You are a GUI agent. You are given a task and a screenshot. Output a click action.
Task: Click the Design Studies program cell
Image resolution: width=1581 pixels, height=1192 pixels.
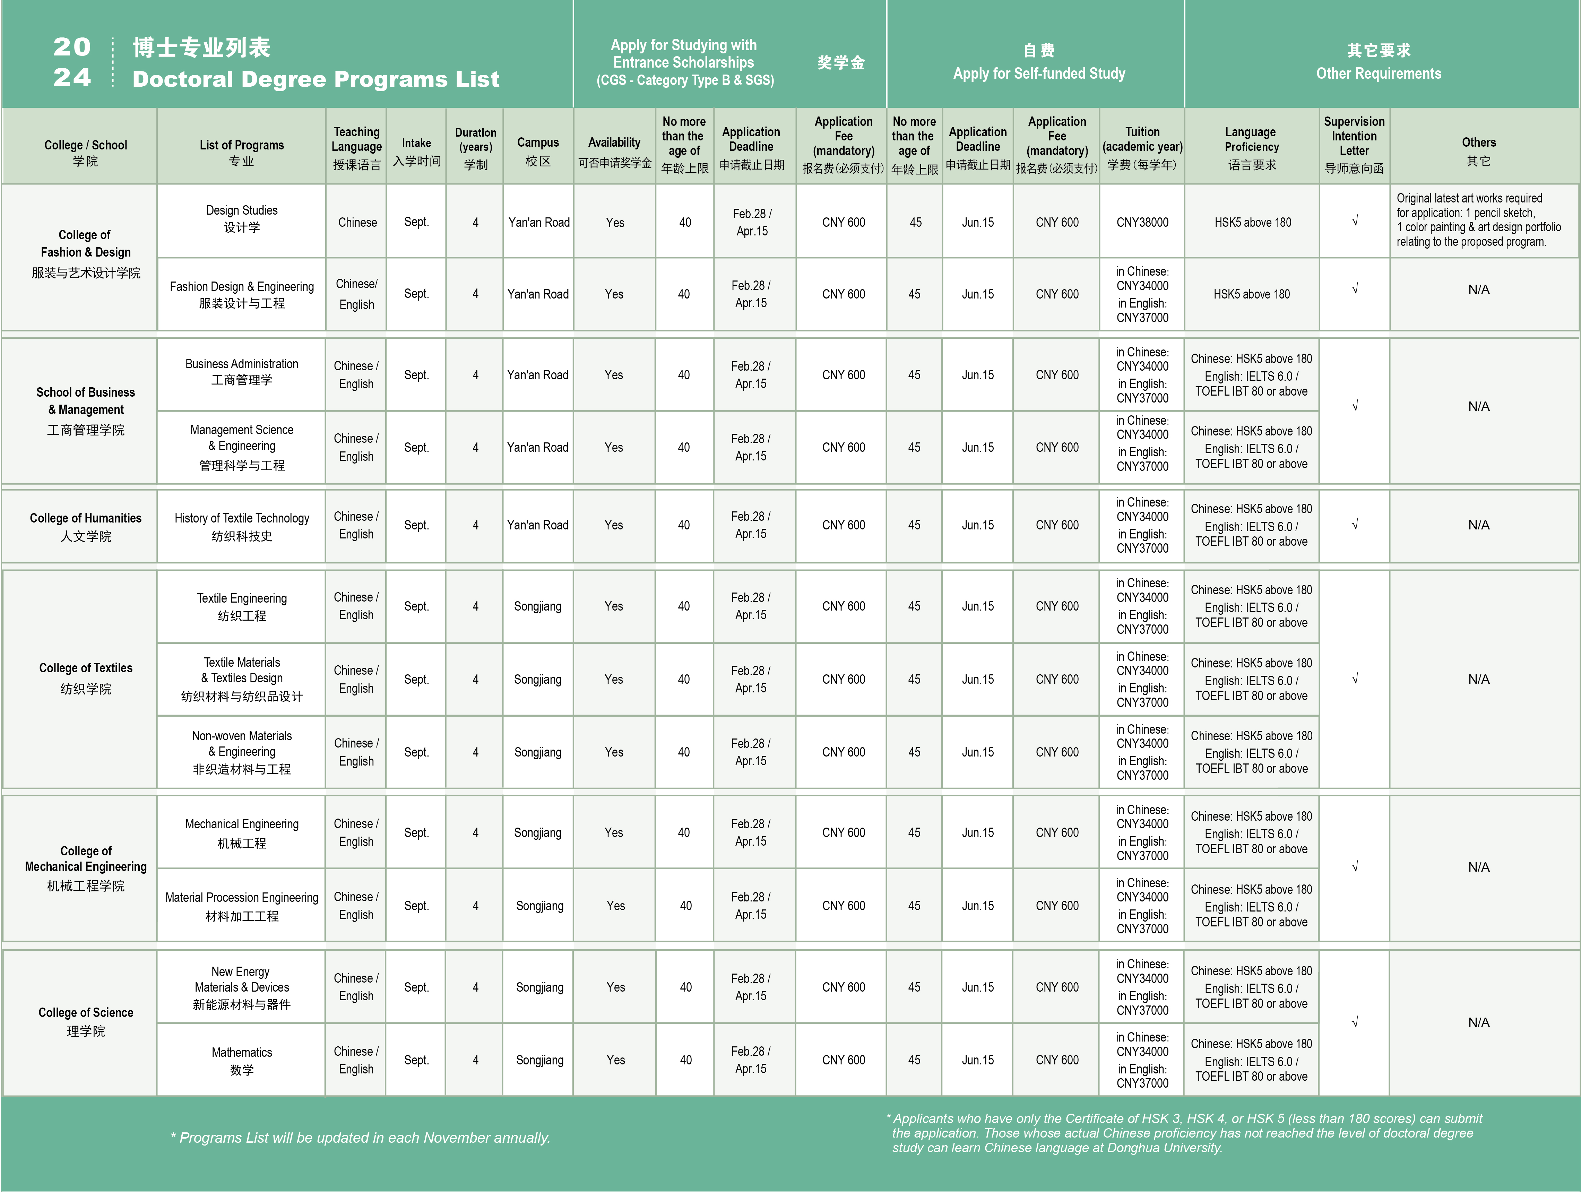pyautogui.click(x=242, y=219)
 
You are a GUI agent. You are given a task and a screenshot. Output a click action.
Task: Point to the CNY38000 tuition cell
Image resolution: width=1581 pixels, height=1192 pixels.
pyautogui.click(x=1142, y=222)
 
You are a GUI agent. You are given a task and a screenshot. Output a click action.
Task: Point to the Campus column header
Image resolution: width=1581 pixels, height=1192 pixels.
pyautogui.click(x=537, y=151)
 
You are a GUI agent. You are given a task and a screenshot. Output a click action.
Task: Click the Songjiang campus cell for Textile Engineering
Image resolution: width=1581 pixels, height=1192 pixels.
pyautogui.click(x=537, y=606)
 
